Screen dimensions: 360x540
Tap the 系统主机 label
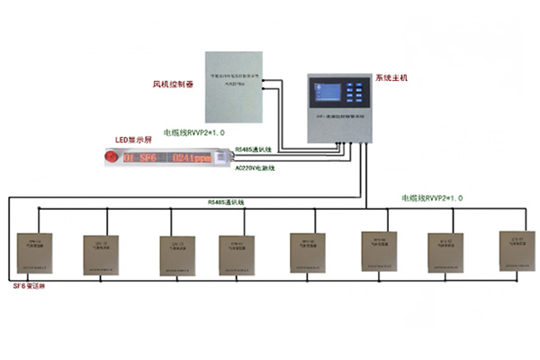coord(391,78)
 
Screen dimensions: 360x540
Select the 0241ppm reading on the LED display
coord(195,159)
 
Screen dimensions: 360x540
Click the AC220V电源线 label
coord(257,167)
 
